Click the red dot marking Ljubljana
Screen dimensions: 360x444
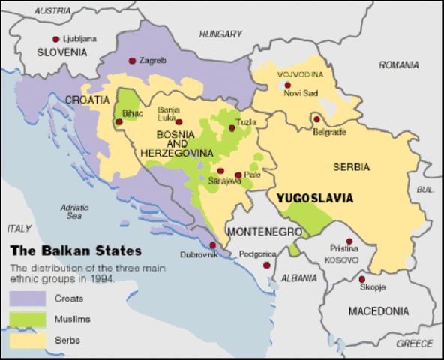tap(55, 39)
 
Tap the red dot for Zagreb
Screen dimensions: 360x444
tap(132, 61)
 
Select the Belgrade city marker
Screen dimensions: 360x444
tap(316, 119)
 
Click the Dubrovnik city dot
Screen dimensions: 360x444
tap(212, 245)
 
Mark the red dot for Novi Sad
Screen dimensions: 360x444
tap(287, 85)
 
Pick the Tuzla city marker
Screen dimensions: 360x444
tap(232, 128)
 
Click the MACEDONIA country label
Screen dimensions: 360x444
tap(379, 310)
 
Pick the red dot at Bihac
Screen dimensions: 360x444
tap(121, 118)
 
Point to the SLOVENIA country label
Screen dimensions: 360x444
tap(62, 52)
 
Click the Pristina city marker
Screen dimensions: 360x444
tap(349, 241)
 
